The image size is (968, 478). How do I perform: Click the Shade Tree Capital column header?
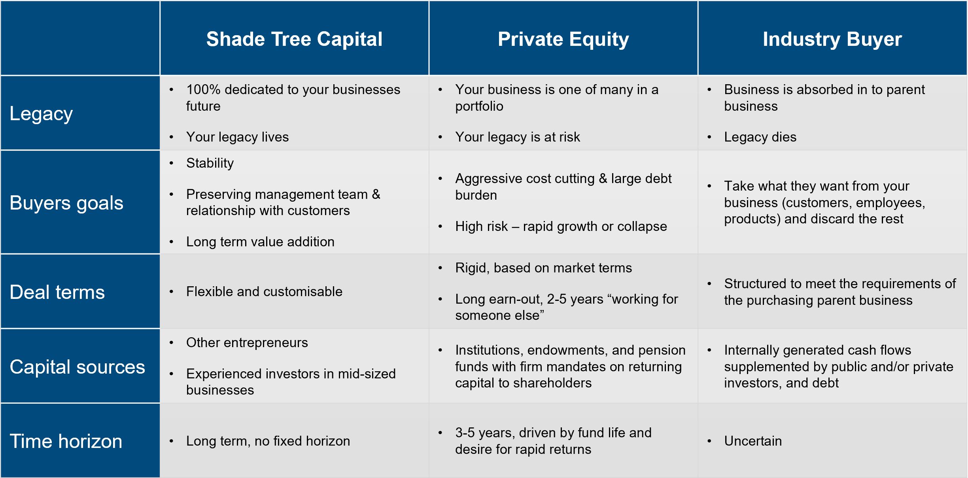coord(294,39)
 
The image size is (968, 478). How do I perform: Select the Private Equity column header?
coord(563,40)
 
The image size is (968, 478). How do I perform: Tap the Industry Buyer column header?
coord(832,40)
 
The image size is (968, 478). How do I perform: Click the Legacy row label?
coord(41,114)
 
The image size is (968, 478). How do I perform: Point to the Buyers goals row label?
coord(66,203)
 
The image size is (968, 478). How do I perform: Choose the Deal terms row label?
coord(57,292)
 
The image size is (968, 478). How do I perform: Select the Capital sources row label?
coord(78,367)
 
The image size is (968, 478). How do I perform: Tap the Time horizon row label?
coord(66,441)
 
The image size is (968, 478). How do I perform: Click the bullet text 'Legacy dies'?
coord(760,137)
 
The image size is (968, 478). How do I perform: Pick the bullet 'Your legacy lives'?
coord(237,137)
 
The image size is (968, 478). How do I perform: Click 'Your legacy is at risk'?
coord(518,137)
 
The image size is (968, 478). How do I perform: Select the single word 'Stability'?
coord(210,163)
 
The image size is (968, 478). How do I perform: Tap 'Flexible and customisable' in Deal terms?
coord(264,292)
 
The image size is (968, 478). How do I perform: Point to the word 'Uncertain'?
coord(753,441)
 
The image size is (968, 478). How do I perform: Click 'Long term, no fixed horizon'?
coord(268,441)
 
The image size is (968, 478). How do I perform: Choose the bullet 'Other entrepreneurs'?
coord(247,343)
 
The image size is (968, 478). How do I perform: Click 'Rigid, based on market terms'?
coord(543,268)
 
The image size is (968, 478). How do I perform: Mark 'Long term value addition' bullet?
coord(260,242)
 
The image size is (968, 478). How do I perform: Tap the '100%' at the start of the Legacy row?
coord(203,90)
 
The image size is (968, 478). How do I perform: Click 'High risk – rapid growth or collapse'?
coord(561,227)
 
